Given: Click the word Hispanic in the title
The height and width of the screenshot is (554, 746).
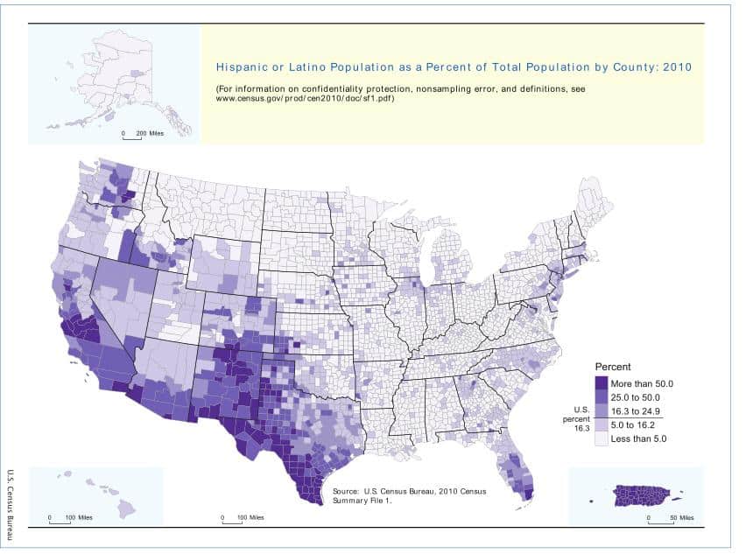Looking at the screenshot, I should tap(240, 67).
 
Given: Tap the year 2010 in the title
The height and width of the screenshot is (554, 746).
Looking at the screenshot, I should tap(679, 67).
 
